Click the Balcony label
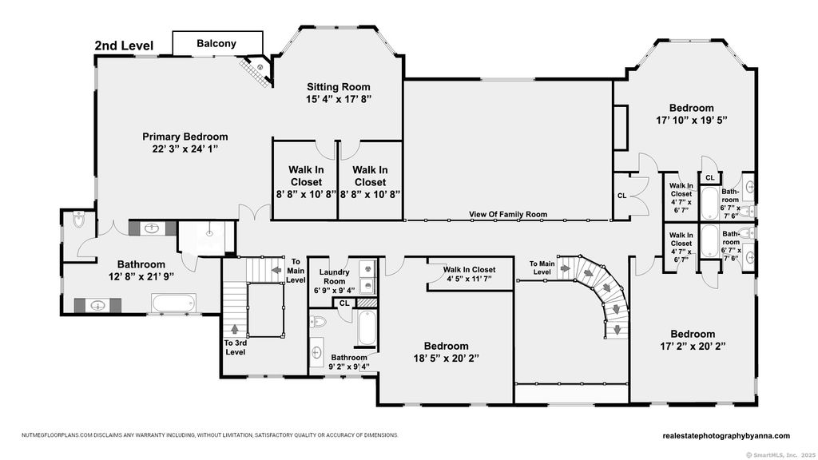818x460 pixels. click(216, 44)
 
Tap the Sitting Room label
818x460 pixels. click(339, 87)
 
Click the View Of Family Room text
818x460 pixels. click(508, 214)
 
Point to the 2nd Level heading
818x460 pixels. click(124, 46)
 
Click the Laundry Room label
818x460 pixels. click(334, 276)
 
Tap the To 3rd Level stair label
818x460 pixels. click(236, 348)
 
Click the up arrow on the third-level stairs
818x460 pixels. click(234, 329)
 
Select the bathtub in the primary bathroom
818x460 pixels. click(173, 303)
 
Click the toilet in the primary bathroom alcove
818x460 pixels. click(79, 220)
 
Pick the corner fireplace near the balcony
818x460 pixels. click(258, 71)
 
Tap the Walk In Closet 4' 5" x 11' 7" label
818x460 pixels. click(470, 275)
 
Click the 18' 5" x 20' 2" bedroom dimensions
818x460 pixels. click(446, 359)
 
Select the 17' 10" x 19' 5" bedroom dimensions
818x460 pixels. click(692, 121)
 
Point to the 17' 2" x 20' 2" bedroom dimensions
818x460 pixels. click(693, 346)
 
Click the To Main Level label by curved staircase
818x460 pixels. click(542, 268)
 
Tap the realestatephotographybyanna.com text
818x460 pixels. click(726, 436)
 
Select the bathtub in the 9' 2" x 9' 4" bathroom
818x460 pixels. click(366, 327)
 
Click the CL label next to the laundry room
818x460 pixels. click(344, 303)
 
